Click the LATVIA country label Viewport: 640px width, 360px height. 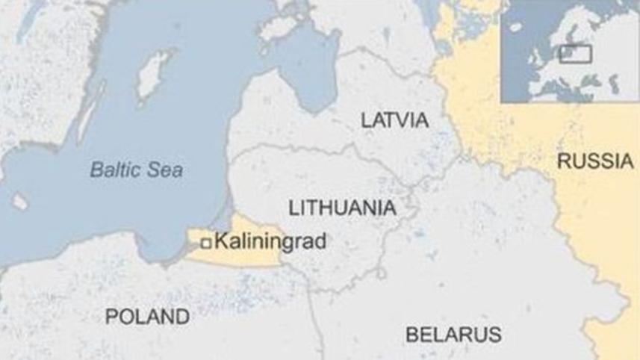tap(394, 120)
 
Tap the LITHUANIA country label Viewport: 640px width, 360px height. tap(341, 208)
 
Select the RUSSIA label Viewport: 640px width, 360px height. tap(595, 161)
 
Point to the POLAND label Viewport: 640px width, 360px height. tap(147, 317)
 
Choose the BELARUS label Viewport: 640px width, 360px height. tap(453, 334)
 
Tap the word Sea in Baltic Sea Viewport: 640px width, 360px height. tap(168, 170)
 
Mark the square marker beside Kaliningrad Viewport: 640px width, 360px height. tap(206, 241)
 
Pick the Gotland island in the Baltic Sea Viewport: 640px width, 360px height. tap(155, 69)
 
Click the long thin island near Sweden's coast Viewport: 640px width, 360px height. tap(87, 120)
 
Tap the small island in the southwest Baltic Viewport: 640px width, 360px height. tap(20, 202)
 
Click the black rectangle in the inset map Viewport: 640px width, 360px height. tap(576, 54)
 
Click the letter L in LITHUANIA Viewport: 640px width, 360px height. tap(293, 208)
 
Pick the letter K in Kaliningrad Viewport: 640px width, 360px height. tap(220, 241)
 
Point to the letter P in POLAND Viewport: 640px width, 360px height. tap(111, 317)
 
